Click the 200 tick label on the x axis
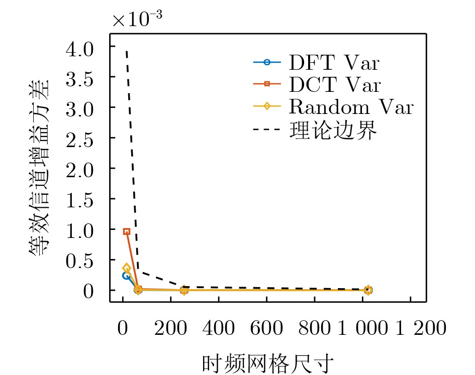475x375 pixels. [x=171, y=328]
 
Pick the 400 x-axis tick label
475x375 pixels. [x=219, y=328]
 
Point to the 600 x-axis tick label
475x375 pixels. [x=267, y=328]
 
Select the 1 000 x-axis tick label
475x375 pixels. [x=362, y=328]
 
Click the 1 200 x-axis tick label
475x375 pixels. [x=421, y=328]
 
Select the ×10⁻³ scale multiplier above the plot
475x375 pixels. [x=137, y=19]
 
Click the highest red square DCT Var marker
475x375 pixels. [x=127, y=231]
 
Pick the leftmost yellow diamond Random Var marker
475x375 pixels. [x=127, y=269]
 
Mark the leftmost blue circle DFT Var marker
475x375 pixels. [x=126, y=275]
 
